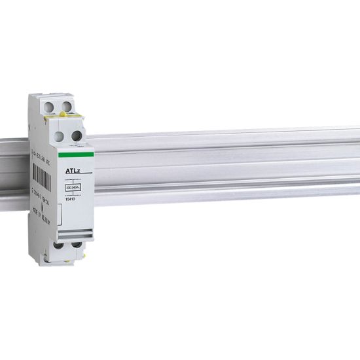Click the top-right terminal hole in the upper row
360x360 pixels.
pos(66,105)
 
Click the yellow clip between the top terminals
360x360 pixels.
pos(61,115)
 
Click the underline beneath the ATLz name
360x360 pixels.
pos(73,175)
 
